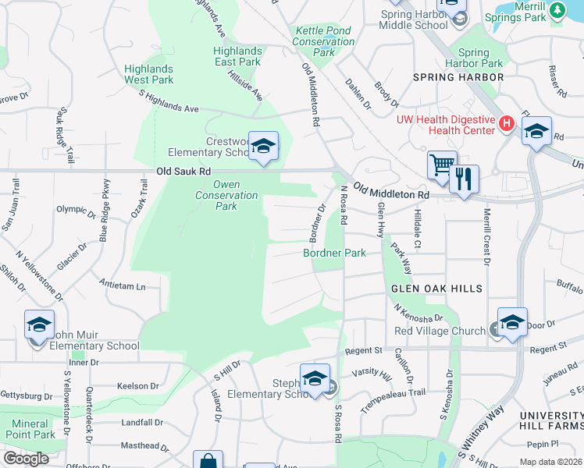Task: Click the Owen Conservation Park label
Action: [x=226, y=195]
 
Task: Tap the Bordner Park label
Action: [x=335, y=253]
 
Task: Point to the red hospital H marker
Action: [x=506, y=122]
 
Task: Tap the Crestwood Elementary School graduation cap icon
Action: [x=264, y=146]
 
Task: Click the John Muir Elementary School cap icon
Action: [x=39, y=324]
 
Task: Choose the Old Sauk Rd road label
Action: [x=183, y=171]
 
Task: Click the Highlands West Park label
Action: [x=148, y=74]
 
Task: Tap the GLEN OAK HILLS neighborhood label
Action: [x=436, y=289]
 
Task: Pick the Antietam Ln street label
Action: [x=124, y=286]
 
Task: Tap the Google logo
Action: [x=27, y=459]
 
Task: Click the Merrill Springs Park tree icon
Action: [x=557, y=9]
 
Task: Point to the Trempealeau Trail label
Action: [x=398, y=392]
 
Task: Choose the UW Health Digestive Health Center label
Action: [x=446, y=125]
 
